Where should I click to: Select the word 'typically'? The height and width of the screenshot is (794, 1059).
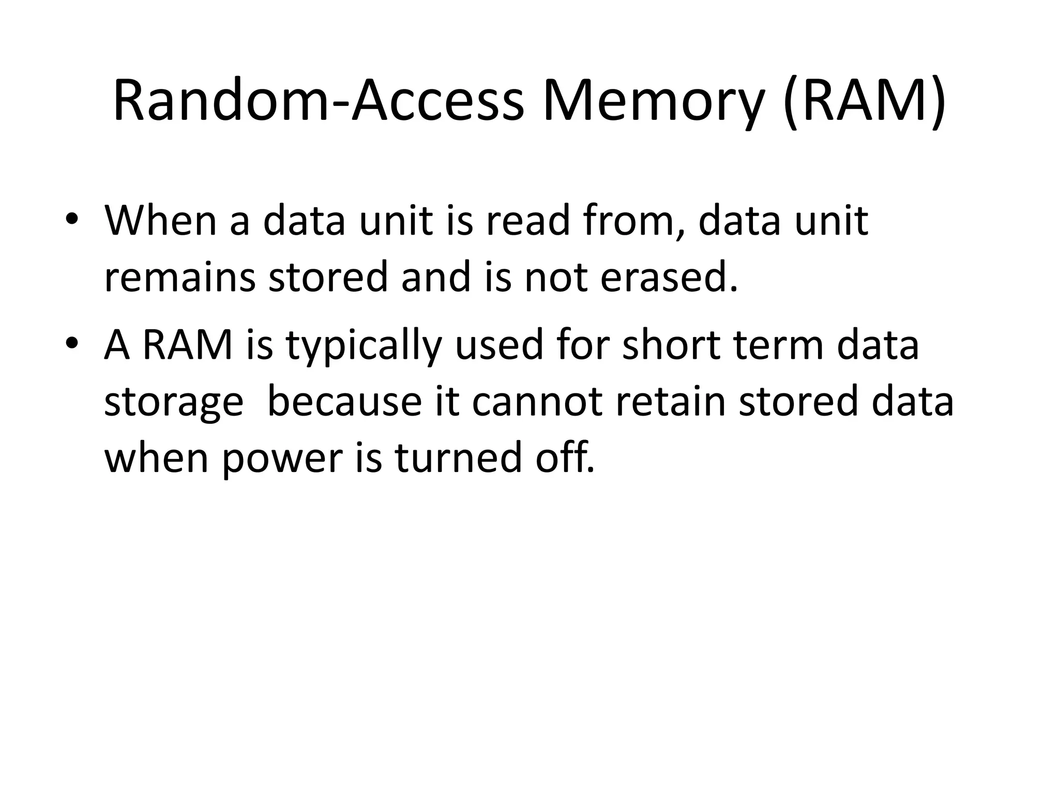(x=363, y=345)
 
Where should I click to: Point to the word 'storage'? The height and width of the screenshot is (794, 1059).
(x=174, y=402)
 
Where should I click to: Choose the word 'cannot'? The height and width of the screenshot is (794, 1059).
(x=537, y=401)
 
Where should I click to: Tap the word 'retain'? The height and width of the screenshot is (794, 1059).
(x=671, y=401)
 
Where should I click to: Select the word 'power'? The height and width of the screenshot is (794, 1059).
(x=282, y=458)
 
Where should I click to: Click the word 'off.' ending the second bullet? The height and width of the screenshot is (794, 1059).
(x=565, y=457)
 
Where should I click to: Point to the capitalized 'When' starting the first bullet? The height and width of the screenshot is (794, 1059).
(x=160, y=221)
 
